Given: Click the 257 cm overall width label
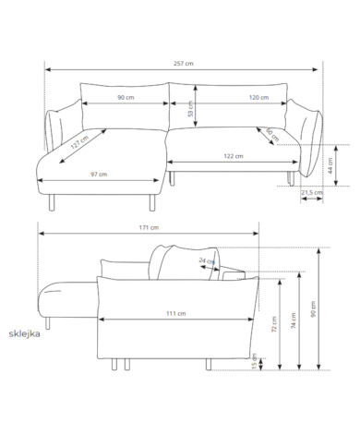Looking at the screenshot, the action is (184, 64).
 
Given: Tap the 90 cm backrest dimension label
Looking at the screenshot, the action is (126, 97).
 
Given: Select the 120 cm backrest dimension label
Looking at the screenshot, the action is (258, 97).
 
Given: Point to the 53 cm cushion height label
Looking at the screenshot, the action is (191, 109).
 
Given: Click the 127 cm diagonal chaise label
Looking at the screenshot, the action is (79, 142).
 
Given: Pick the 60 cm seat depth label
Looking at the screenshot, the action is (272, 135).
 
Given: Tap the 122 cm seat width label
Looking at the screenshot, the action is (234, 156).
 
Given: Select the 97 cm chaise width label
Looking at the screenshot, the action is (99, 175).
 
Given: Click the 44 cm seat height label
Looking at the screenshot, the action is (330, 165).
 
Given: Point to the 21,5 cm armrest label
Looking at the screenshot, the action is (312, 193).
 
